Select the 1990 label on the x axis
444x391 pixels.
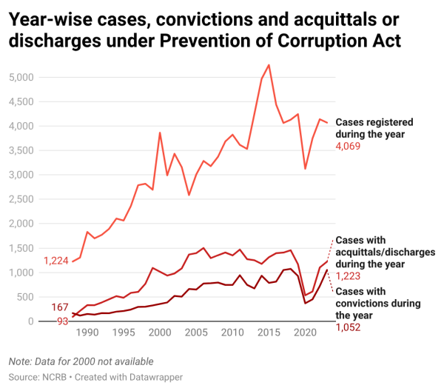[x=87, y=334]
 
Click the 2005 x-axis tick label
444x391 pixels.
[x=196, y=334]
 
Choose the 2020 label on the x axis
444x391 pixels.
[x=305, y=334]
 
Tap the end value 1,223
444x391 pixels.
[x=349, y=275]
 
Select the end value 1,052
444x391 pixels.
[x=349, y=327]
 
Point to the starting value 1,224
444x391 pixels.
[x=56, y=261]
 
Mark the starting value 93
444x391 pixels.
[x=62, y=321]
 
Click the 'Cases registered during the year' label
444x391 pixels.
[x=374, y=128]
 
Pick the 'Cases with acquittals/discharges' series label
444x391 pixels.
[x=385, y=252]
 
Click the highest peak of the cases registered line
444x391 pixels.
[x=269, y=65]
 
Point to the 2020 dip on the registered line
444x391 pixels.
[x=305, y=169]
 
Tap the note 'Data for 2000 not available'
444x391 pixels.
[x=81, y=361]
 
